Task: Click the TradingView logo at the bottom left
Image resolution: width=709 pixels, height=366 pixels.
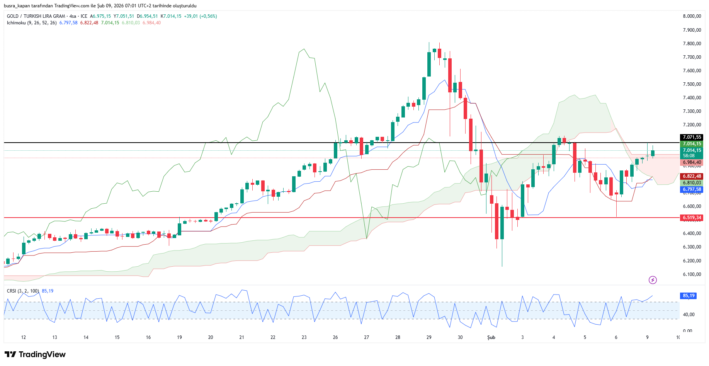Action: pyautogui.click(x=35, y=354)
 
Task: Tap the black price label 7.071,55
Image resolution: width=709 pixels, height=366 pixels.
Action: pyautogui.click(x=692, y=137)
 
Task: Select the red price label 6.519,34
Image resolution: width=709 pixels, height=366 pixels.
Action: pyautogui.click(x=692, y=218)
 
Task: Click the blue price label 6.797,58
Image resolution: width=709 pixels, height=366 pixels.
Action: pyautogui.click(x=692, y=189)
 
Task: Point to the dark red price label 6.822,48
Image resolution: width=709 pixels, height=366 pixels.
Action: pyautogui.click(x=692, y=176)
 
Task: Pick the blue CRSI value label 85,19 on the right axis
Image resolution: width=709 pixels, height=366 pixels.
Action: pyautogui.click(x=689, y=296)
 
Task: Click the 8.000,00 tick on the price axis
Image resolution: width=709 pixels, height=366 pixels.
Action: pyautogui.click(x=692, y=16)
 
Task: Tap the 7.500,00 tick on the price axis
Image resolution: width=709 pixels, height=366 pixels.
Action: pyautogui.click(x=692, y=84)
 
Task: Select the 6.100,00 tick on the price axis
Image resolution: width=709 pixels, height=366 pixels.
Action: pyautogui.click(x=692, y=274)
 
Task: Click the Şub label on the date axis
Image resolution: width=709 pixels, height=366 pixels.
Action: pyautogui.click(x=491, y=337)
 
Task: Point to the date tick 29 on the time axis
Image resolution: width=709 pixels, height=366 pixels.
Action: pyautogui.click(x=429, y=337)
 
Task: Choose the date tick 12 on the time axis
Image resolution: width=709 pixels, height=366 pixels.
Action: pyautogui.click(x=24, y=337)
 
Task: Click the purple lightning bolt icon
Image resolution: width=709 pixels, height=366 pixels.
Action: pyautogui.click(x=653, y=280)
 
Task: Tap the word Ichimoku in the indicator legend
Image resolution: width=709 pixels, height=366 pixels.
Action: pyautogui.click(x=16, y=23)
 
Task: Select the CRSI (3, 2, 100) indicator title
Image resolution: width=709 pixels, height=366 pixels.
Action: pyautogui.click(x=23, y=291)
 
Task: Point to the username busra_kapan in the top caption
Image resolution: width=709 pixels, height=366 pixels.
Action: pyautogui.click(x=17, y=6)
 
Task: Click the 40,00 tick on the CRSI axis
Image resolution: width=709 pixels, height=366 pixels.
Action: pyautogui.click(x=689, y=315)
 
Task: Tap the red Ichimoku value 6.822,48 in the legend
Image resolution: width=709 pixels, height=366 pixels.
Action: pyautogui.click(x=89, y=23)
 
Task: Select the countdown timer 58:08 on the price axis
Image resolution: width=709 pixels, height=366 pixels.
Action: pyautogui.click(x=689, y=156)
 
